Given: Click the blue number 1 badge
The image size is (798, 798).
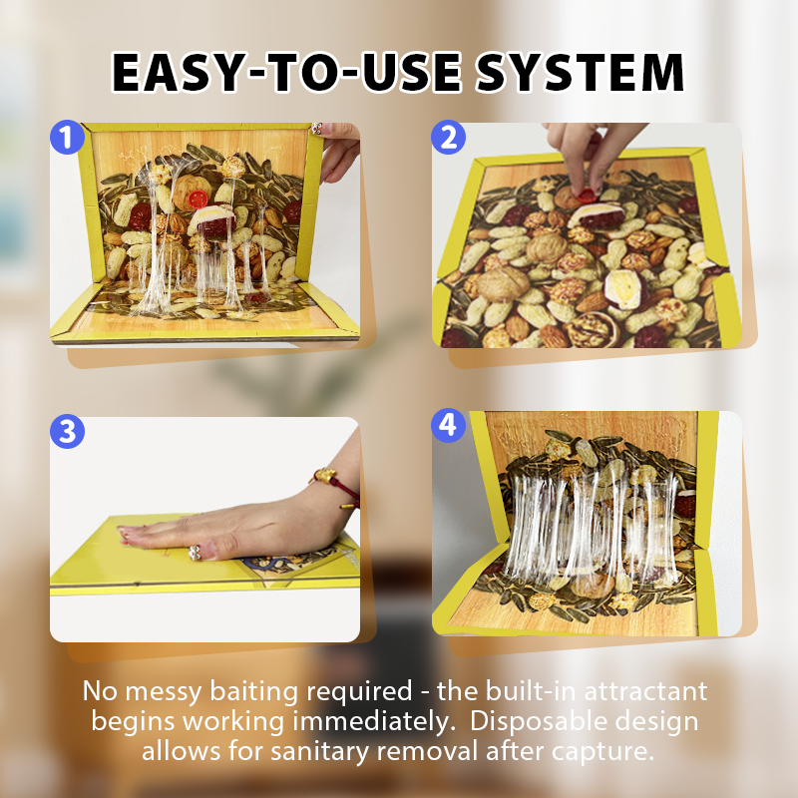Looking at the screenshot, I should point(66,137).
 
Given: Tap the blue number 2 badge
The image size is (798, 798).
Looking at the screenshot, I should point(448,137).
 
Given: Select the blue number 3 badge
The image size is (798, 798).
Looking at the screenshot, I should point(67,431).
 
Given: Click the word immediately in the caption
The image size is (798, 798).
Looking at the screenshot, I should point(351,721).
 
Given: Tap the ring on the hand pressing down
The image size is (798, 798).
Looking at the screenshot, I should point(197,550).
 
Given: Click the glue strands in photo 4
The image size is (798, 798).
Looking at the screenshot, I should point(589,519).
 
